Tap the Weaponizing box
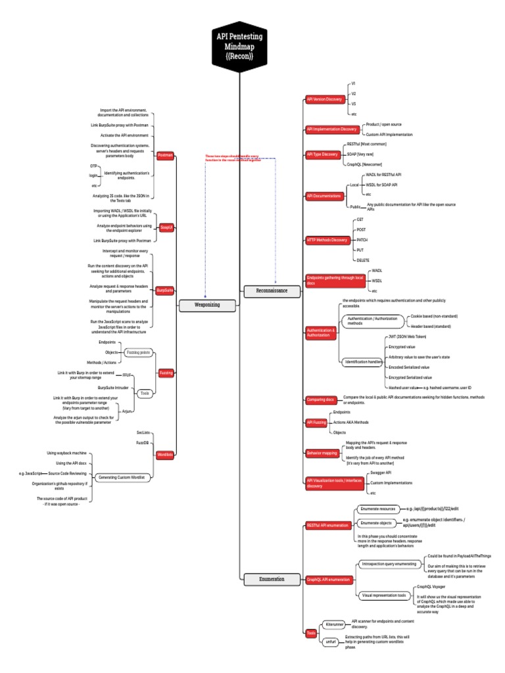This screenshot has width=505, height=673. pos(207,305)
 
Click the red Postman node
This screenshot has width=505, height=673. pos(166,156)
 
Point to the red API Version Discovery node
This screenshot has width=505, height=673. pos(325,99)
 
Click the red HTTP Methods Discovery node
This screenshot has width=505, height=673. pos(327,240)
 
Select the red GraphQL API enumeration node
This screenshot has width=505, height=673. pos(329,580)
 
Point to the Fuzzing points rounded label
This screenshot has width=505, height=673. pos(137,352)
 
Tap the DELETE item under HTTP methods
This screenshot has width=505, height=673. pos(362,260)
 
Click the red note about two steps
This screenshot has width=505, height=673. pos(233,158)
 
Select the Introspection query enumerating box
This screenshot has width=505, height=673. pos(389,564)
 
